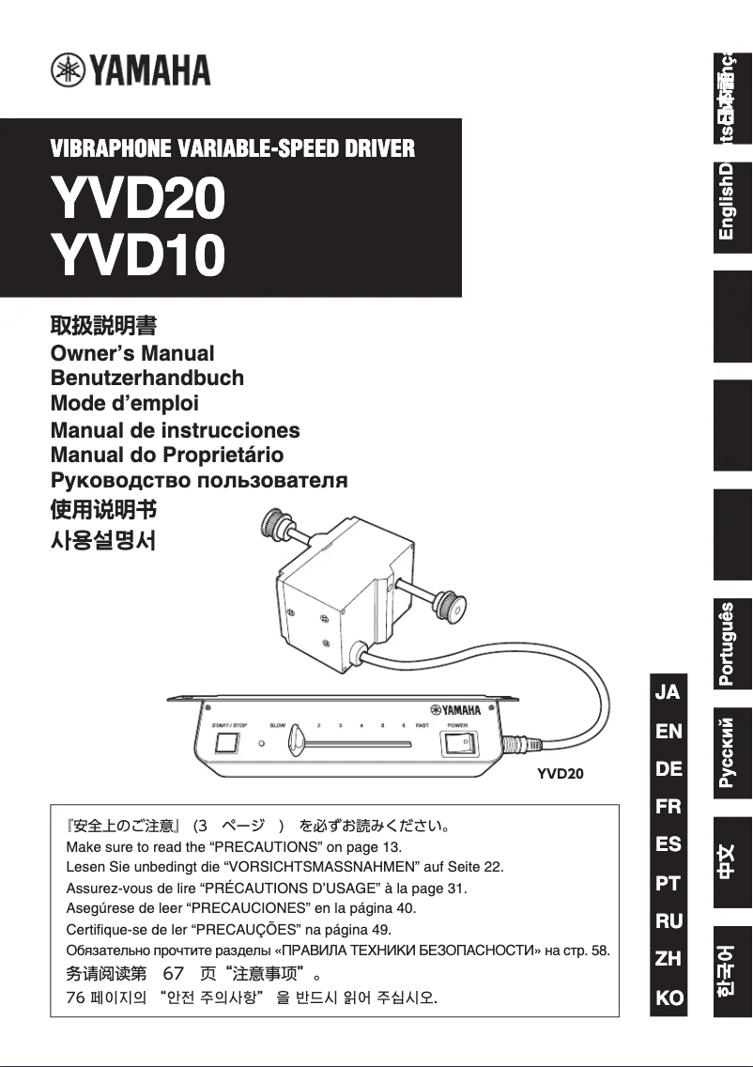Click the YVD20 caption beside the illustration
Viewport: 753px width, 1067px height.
[x=560, y=774]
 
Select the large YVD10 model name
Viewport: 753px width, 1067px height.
[x=137, y=255]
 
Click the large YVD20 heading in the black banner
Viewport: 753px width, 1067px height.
[x=137, y=198]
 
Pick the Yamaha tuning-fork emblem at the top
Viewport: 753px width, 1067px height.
[x=68, y=70]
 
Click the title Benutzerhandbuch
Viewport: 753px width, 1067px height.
[x=146, y=379]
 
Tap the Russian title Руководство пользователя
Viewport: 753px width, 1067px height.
[x=198, y=481]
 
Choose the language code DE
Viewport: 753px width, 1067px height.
[x=668, y=768]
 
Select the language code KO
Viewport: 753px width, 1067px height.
[x=668, y=997]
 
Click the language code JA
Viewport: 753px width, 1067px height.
[x=668, y=692]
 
